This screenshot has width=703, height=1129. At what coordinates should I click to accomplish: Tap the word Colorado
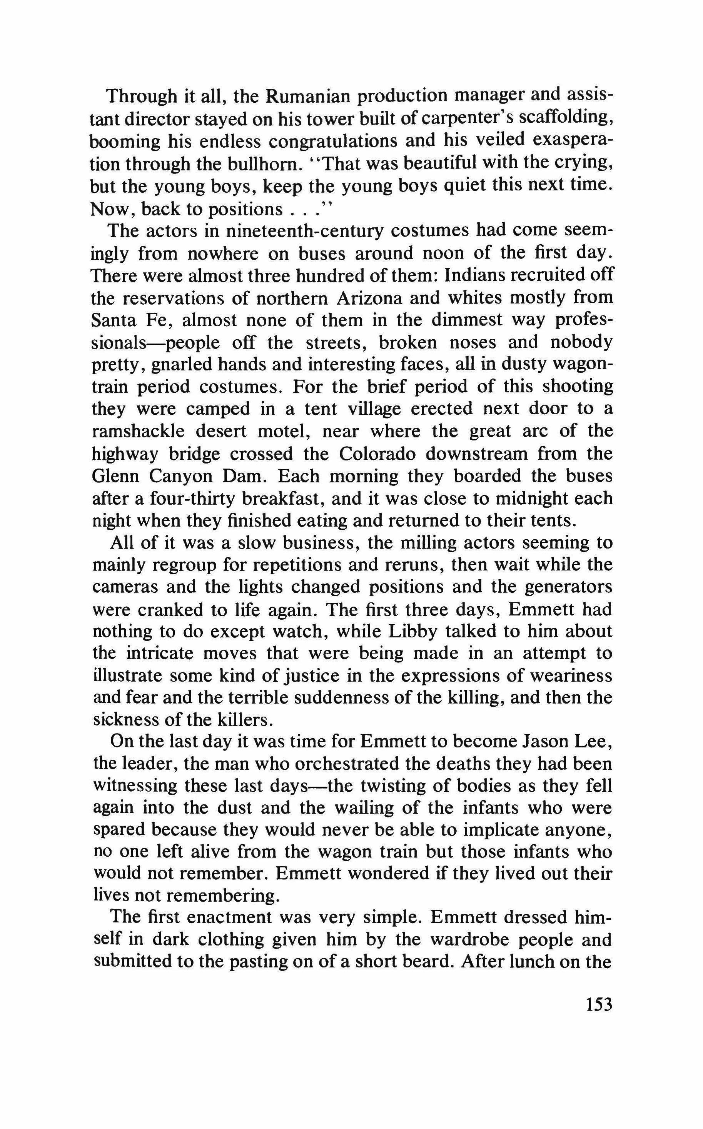[377, 454]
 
